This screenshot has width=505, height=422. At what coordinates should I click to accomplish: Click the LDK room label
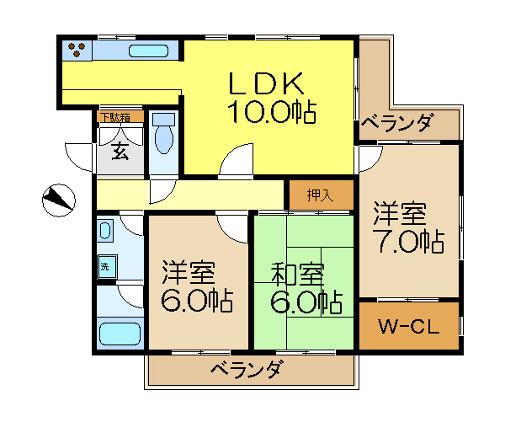pyautogui.click(x=266, y=83)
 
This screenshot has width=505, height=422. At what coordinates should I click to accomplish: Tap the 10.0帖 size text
pyautogui.click(x=272, y=112)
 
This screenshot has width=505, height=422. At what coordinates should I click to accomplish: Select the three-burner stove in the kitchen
pyautogui.click(x=77, y=50)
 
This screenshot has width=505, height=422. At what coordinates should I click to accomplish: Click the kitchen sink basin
pyautogui.click(x=148, y=51)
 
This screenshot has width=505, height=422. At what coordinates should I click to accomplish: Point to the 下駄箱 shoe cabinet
pyautogui.click(x=120, y=117)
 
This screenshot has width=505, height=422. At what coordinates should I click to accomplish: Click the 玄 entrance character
pyautogui.click(x=120, y=151)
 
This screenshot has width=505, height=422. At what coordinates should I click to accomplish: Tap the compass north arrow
pyautogui.click(x=58, y=200)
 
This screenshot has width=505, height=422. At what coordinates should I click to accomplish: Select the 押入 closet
pyautogui.click(x=322, y=195)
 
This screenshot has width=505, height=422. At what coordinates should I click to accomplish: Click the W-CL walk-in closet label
pyautogui.click(x=409, y=326)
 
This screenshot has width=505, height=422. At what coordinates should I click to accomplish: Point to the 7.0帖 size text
pyautogui.click(x=409, y=241)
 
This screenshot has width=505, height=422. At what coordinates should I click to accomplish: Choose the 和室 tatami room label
pyautogui.click(x=297, y=274)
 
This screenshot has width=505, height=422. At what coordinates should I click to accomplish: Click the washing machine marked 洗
pyautogui.click(x=107, y=266)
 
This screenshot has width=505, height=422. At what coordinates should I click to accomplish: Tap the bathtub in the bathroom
pyautogui.click(x=120, y=334)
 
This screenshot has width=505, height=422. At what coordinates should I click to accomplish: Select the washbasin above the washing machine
pyautogui.click(x=105, y=231)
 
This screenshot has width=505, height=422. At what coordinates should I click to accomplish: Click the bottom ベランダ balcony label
pyautogui.click(x=247, y=370)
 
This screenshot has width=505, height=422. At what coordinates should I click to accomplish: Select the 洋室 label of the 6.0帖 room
pyautogui.click(x=189, y=273)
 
